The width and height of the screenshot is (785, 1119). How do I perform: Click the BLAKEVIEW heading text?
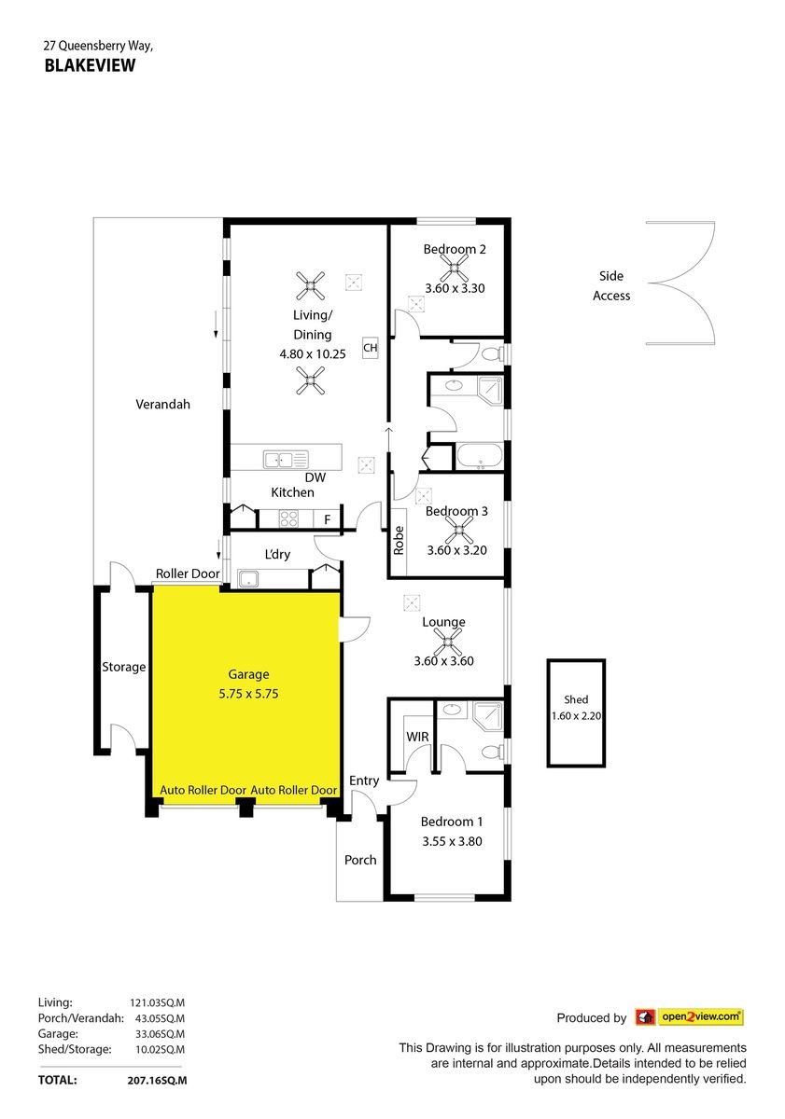pyautogui.click(x=90, y=65)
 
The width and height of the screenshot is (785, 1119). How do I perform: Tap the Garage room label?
pyautogui.click(x=248, y=674)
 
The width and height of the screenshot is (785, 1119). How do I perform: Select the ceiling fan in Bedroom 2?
pyautogui.click(x=454, y=268)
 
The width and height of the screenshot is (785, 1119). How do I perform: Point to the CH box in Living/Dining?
pyautogui.click(x=370, y=348)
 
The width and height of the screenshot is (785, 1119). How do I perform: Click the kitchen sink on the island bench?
pyautogui.click(x=286, y=459)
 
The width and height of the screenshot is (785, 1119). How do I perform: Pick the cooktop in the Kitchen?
pyautogui.click(x=288, y=518)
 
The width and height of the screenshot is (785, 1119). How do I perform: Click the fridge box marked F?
pyautogui.click(x=327, y=519)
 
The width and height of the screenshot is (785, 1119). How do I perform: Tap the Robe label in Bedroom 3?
pyautogui.click(x=399, y=540)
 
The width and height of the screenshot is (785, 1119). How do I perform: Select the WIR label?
pyautogui.click(x=417, y=737)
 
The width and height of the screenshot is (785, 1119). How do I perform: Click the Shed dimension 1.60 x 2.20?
pyautogui.click(x=576, y=716)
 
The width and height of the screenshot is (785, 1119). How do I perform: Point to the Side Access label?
pyautogui.click(x=611, y=285)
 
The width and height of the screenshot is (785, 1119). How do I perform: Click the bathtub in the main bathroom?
pyautogui.click(x=480, y=456)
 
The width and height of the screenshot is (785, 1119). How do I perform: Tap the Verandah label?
pyautogui.click(x=163, y=404)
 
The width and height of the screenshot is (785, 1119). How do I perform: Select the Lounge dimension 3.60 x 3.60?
pyautogui.click(x=443, y=661)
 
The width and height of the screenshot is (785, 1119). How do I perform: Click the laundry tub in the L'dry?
pyautogui.click(x=248, y=579)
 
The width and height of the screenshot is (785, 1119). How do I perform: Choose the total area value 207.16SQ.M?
pyautogui.click(x=157, y=1080)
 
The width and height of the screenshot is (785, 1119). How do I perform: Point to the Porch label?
pyautogui.click(x=360, y=860)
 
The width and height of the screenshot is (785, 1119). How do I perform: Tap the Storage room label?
pyautogui.click(x=123, y=667)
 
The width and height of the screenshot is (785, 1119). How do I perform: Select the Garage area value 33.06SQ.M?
pyautogui.click(x=160, y=1034)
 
